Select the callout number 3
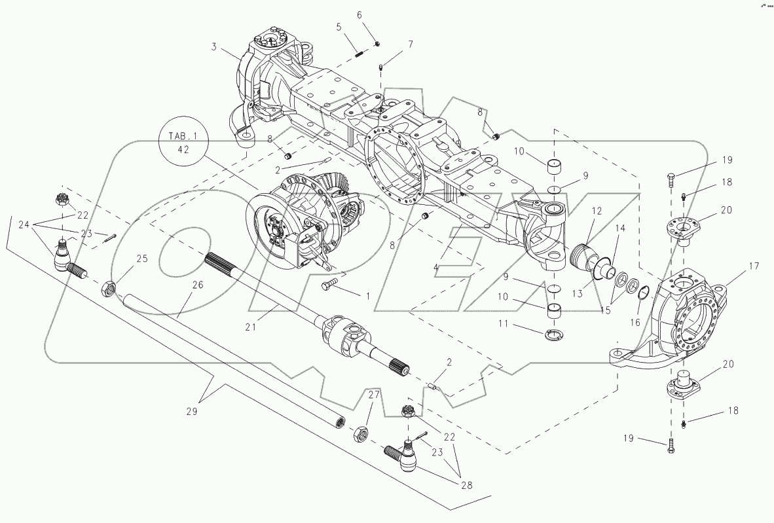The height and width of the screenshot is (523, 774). (x=214, y=47)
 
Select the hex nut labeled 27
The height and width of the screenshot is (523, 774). (x=361, y=433)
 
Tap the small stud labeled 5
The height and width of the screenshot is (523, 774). (x=359, y=54)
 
